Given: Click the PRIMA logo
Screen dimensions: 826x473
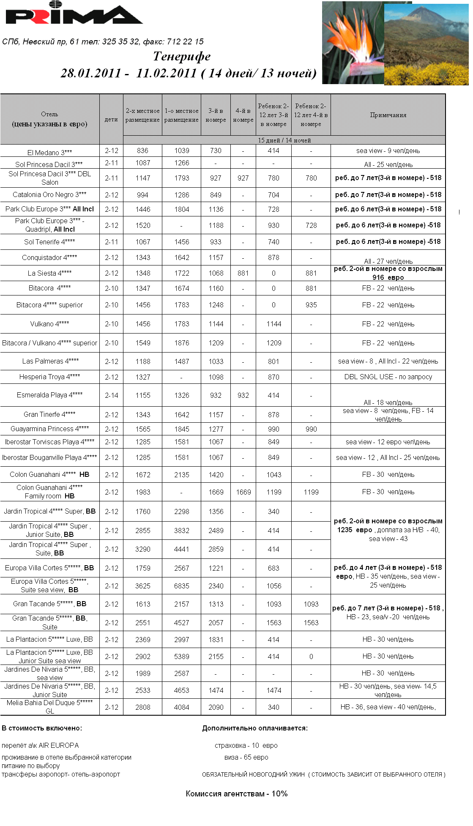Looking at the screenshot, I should click(x=74, y=14).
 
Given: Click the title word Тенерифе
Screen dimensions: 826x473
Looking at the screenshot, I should click(x=182, y=56).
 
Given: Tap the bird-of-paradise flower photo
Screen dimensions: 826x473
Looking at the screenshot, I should click(x=353, y=42).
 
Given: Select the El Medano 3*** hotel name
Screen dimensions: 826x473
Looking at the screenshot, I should click(x=49, y=152).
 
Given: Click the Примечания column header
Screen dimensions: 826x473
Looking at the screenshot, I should click(x=388, y=115).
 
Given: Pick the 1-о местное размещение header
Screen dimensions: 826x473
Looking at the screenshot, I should click(x=181, y=115).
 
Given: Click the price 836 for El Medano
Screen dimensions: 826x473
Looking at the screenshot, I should click(x=142, y=150).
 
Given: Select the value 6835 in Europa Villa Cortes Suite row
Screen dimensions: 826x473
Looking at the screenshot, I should click(x=182, y=586).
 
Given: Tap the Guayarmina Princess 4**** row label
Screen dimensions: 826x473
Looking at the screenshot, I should click(x=49, y=429).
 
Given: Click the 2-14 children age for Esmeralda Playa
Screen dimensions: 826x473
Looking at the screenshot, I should click(x=112, y=395).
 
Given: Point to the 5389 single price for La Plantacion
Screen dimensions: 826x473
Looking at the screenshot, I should click(x=182, y=656).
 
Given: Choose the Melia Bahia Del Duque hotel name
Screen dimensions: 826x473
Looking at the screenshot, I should click(x=49, y=707).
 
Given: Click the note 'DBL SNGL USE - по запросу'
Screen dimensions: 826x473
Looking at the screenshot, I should click(x=388, y=377).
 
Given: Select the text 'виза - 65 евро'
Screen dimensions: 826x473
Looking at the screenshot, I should click(x=246, y=757).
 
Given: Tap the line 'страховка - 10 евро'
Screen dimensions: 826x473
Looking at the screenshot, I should click(x=246, y=745).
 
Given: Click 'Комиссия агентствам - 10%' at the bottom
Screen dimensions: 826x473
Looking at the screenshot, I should click(x=237, y=793).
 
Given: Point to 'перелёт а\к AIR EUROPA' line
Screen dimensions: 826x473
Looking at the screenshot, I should click(x=40, y=745).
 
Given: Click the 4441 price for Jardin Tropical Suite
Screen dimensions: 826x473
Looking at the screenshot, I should click(x=182, y=549).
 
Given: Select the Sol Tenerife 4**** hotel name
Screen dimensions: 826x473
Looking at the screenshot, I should click(x=49, y=242).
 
